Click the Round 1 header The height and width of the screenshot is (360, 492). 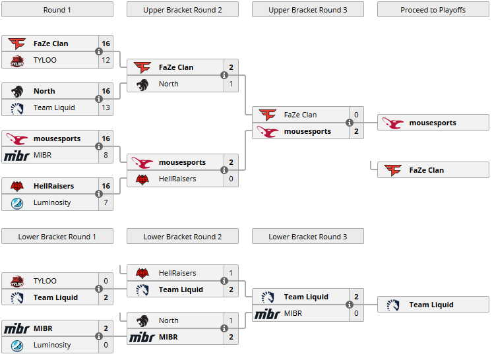click(x=57, y=10)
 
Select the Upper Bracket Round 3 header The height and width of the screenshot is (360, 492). click(x=308, y=10)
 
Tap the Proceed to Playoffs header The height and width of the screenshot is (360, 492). click(x=433, y=10)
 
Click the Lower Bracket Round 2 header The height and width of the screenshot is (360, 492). click(x=183, y=237)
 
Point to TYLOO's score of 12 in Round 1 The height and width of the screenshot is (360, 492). click(x=106, y=60)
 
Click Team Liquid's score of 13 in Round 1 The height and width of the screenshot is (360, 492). click(x=106, y=107)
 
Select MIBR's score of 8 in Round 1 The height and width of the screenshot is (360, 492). click(x=106, y=155)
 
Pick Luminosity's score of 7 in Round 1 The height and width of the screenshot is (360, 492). click(x=106, y=202)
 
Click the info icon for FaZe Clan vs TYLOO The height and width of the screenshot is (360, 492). click(x=99, y=51)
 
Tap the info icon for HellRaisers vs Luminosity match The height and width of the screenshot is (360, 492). click(x=99, y=194)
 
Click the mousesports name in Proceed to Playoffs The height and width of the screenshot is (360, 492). click(x=433, y=123)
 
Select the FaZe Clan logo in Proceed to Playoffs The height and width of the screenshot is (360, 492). click(x=393, y=170)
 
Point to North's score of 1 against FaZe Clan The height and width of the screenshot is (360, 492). click(x=231, y=84)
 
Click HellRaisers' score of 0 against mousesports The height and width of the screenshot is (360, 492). click(x=231, y=179)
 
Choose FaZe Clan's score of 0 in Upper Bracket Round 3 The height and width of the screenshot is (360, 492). click(x=356, y=115)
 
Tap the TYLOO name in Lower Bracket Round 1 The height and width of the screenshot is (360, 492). click(x=45, y=281)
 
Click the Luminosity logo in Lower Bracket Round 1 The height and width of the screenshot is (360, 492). click(x=17, y=345)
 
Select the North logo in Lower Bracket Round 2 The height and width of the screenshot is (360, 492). click(x=142, y=320)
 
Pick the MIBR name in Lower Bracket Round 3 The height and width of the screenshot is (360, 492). click(x=293, y=313)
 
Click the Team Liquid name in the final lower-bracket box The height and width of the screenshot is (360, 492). click(x=431, y=305)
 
